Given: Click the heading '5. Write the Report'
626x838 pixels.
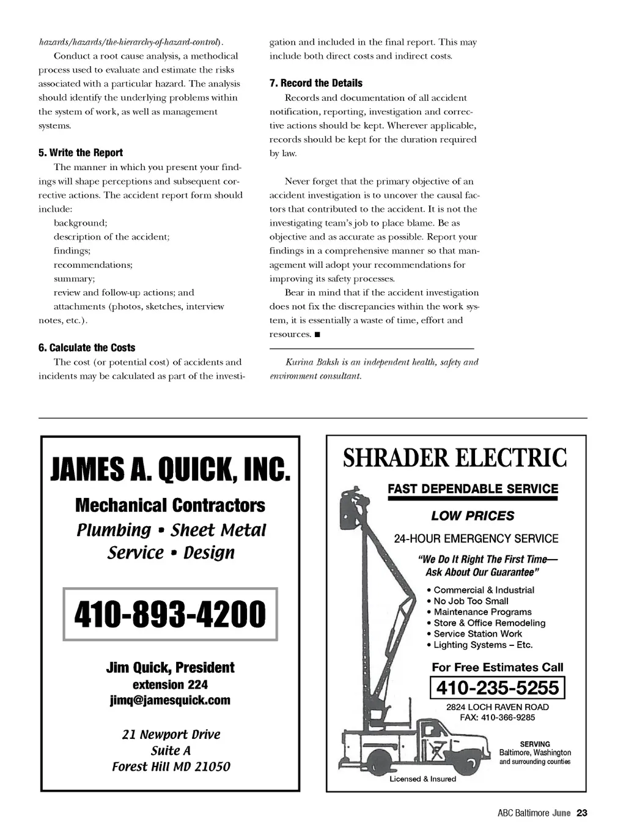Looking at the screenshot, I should pos(81,153).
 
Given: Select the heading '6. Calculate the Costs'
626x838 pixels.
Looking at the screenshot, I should pos(87,347).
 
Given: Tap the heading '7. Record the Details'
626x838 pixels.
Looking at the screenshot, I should pos(316,83).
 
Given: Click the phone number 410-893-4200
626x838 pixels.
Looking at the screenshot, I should pos(170,614).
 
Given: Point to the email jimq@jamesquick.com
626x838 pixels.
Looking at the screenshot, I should pos(170,700).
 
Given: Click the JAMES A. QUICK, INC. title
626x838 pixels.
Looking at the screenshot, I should pos(170,470).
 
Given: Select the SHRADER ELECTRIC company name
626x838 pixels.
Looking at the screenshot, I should pos(455,458).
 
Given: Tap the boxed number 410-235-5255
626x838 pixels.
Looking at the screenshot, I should pos(498,688).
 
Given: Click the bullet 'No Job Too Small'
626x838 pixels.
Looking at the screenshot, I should pos(471,601).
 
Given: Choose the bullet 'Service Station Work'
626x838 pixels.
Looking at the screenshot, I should pos(477,634).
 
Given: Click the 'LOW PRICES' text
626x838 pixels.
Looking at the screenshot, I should pos(473,516).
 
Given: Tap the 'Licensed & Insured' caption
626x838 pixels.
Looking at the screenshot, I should pos(423,779).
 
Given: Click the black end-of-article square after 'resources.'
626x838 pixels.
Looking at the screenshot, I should pos(317,335).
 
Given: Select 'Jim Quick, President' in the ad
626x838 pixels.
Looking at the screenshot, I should pos(170,667).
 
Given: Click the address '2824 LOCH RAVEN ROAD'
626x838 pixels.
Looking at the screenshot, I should pos(498,707).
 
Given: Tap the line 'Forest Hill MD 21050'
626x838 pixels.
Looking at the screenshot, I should pos(171,766).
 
